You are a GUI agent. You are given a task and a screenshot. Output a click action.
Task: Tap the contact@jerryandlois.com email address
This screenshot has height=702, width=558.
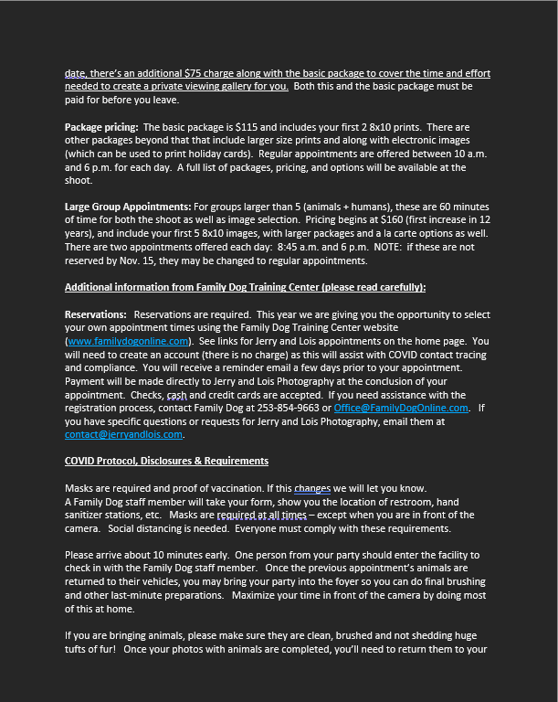(x=123, y=434)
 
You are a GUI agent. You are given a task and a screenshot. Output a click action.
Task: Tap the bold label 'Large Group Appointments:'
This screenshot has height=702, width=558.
(x=126, y=207)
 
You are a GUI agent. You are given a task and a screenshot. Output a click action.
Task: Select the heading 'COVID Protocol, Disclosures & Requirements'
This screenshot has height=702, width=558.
(x=166, y=461)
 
